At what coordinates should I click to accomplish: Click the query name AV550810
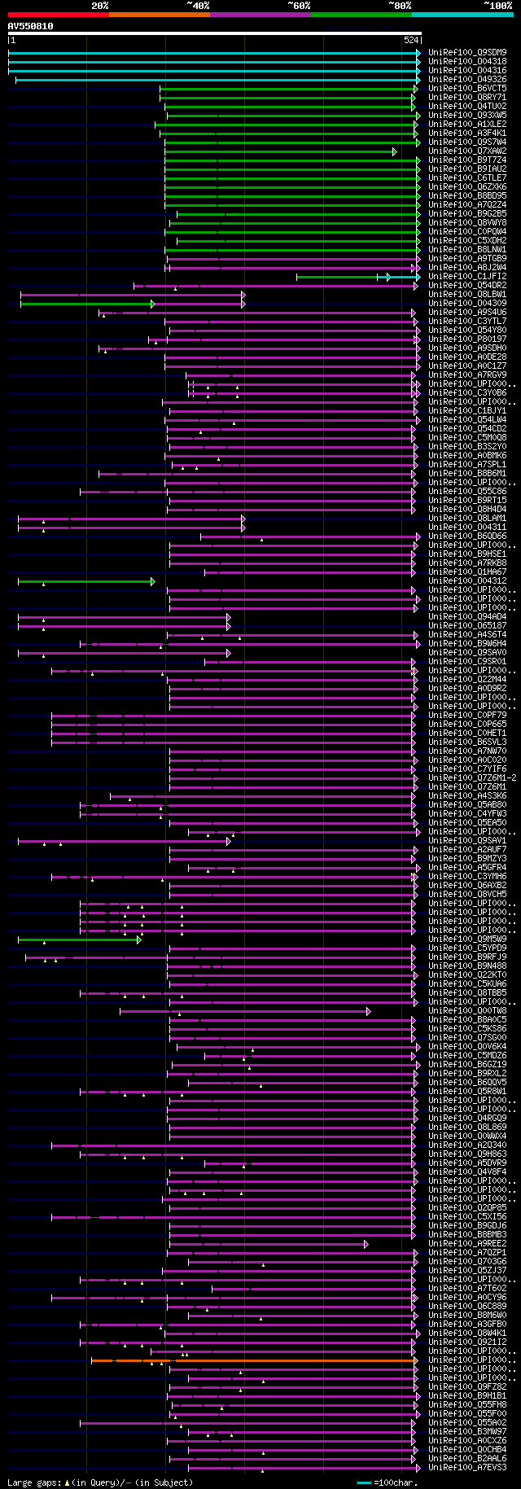coord(31,26)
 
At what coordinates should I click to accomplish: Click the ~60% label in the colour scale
coord(299,6)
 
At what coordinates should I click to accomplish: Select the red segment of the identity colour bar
coord(58,15)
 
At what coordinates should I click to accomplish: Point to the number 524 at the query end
coord(411,40)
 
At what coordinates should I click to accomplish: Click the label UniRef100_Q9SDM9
coord(467,53)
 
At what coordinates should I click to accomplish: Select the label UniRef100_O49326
coord(467,80)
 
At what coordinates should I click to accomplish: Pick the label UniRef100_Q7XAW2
coord(467,151)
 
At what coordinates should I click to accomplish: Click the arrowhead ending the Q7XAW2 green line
coord(395,151)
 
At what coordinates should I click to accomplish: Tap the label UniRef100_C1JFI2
coord(467,277)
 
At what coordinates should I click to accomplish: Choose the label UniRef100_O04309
coord(467,304)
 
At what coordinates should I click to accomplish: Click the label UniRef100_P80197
coord(467,339)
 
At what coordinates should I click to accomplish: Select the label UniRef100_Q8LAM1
coord(467,519)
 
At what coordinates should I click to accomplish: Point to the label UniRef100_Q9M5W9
coord(467,939)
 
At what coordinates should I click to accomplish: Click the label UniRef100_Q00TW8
coord(467,1011)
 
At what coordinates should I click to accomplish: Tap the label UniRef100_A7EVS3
coord(467,1468)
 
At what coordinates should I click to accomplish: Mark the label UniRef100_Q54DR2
coord(467,286)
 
